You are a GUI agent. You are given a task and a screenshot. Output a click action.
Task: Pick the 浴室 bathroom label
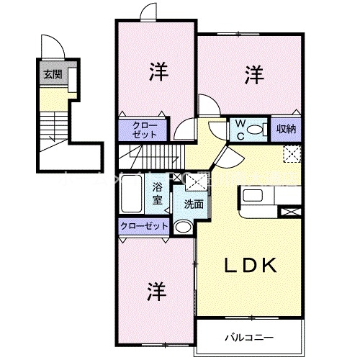point(157,194)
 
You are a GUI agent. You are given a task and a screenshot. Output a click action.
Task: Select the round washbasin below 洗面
point(183,228)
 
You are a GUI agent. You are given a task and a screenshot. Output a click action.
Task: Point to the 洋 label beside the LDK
point(158,292)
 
